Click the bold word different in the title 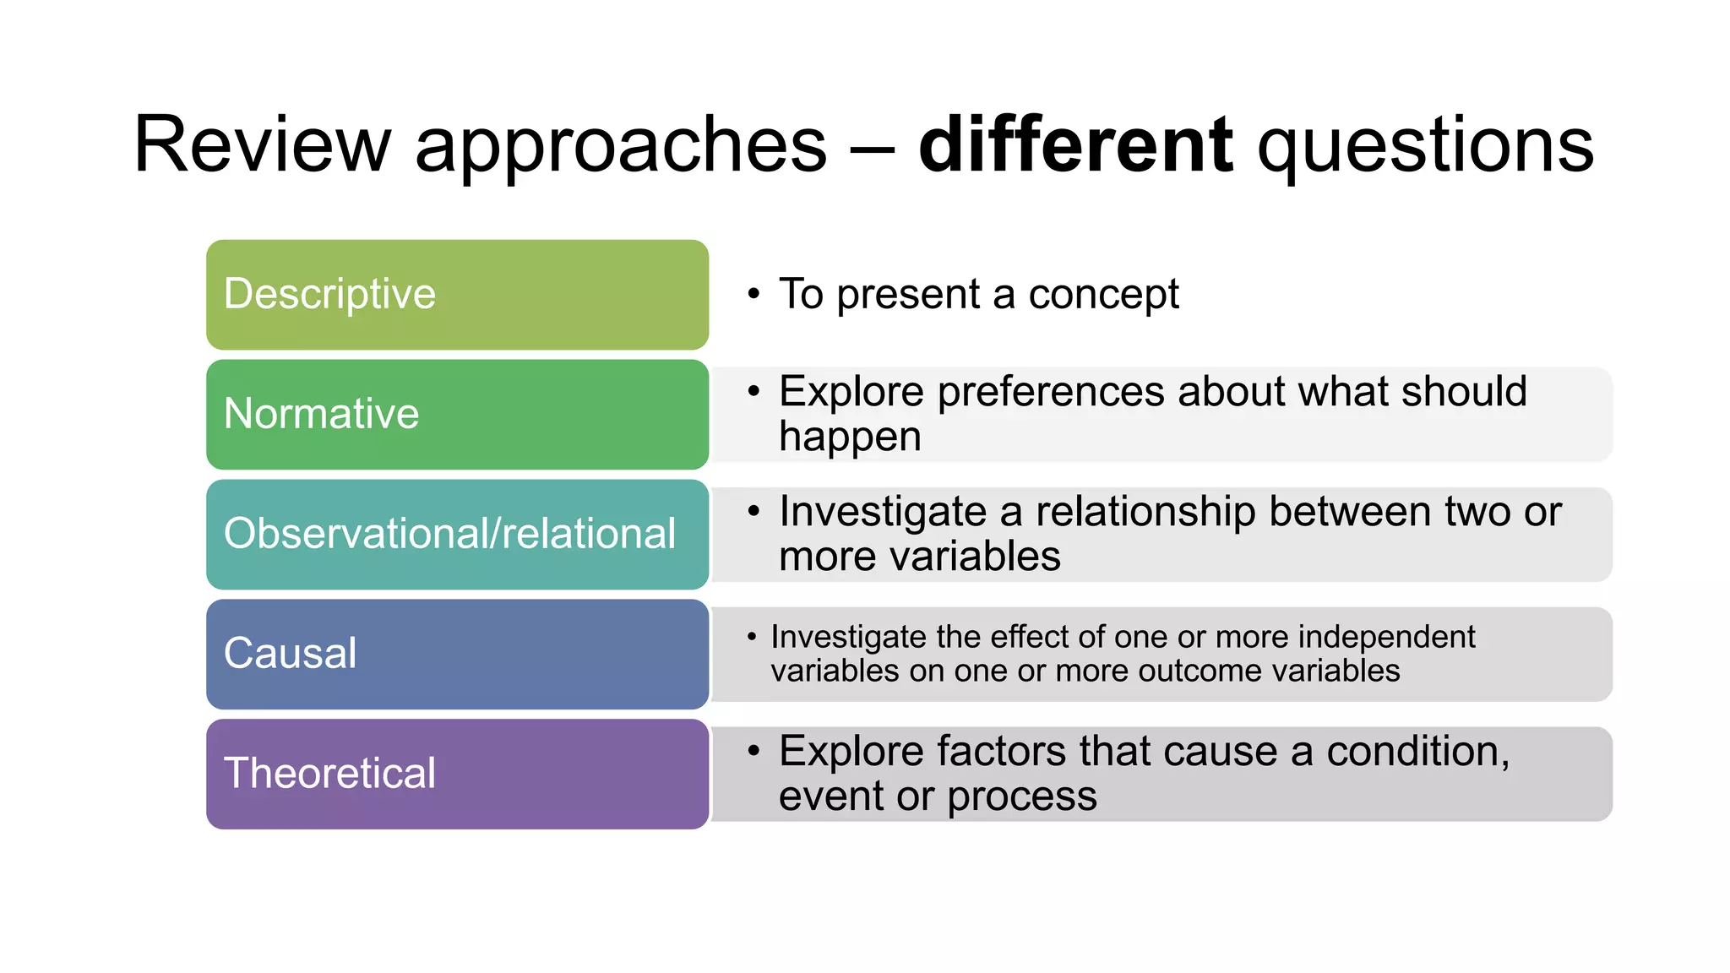[1075, 145]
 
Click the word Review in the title [262, 145]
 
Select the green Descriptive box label [329, 294]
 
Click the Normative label [321, 414]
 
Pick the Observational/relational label [449, 534]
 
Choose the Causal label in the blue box [290, 654]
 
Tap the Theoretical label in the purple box [329, 774]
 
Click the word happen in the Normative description [850, 438]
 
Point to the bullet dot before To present [753, 295]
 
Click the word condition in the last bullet [1417, 752]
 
